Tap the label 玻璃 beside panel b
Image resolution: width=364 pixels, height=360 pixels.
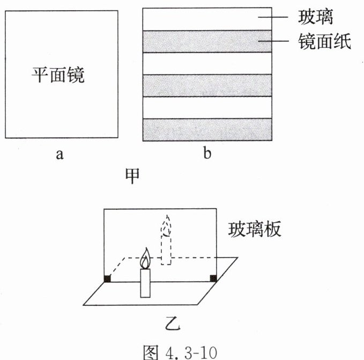click(x=316, y=17)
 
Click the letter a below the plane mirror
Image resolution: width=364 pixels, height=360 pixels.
click(x=60, y=155)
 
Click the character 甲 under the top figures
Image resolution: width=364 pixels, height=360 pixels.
click(x=132, y=177)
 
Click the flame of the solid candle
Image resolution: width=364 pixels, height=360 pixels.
click(x=145, y=259)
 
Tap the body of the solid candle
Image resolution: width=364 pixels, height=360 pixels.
click(x=145, y=283)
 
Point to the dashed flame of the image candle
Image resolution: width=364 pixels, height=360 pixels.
click(x=167, y=226)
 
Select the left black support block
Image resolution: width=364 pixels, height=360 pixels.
click(x=107, y=278)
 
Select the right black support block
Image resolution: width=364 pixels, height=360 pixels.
click(x=213, y=277)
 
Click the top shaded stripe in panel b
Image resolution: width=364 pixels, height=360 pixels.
click(x=207, y=41)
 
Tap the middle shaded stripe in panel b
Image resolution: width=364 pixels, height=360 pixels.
click(x=207, y=85)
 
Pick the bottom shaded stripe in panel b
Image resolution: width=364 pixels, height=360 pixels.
click(x=207, y=129)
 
